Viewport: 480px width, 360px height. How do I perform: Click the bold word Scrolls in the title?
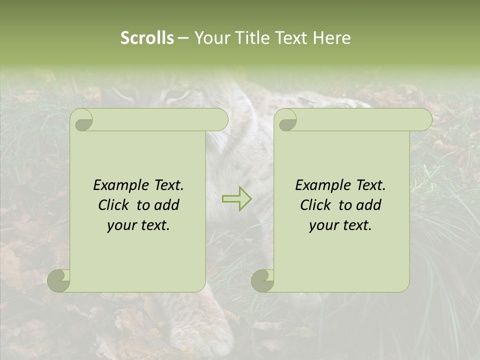pos(147,38)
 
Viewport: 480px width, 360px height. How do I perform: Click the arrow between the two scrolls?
pos(236,198)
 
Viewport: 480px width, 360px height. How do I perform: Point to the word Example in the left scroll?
pos(118,185)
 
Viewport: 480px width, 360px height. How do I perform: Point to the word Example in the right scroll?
pos(320,185)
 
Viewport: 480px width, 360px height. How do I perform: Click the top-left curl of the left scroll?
pos(81,120)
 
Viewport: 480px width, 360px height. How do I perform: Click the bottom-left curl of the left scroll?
pos(59,280)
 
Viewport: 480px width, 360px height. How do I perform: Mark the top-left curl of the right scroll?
pos(285,120)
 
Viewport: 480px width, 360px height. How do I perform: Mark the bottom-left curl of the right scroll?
pos(262,280)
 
